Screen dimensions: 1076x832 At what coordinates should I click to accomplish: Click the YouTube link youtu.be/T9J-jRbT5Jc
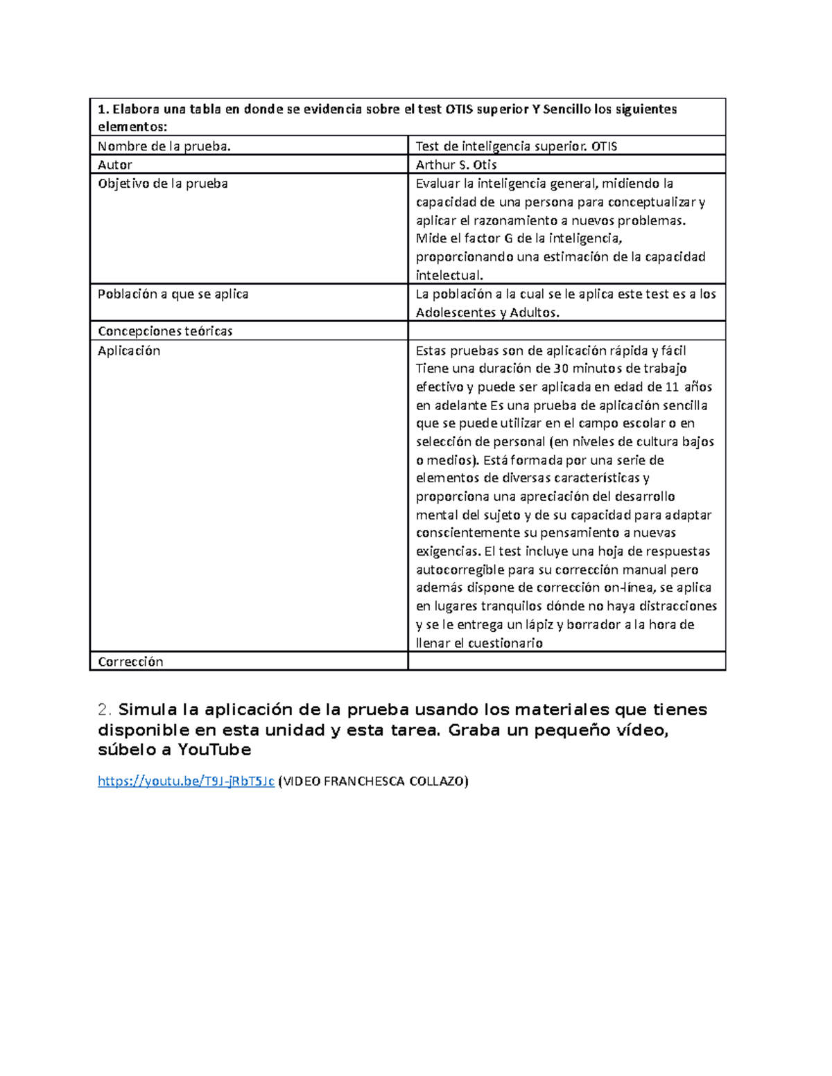coord(186,782)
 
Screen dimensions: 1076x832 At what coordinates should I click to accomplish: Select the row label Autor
coord(115,165)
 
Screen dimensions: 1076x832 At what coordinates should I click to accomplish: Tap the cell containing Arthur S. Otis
coord(456,165)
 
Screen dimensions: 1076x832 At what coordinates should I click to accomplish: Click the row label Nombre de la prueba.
coord(164,146)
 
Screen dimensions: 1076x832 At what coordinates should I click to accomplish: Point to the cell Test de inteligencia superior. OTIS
coord(516,146)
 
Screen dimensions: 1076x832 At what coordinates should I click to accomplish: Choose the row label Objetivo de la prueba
coord(163,184)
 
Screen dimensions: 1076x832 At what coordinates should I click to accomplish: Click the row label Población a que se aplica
coord(173,294)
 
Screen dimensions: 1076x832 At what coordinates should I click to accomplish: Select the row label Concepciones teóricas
coord(165,331)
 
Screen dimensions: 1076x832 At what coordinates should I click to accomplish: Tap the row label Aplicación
coord(129,351)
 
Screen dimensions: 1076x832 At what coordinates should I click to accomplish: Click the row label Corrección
coord(130,662)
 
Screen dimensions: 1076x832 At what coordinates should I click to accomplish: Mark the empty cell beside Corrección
coord(566,662)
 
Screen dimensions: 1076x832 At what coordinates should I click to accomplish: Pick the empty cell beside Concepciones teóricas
coord(566,331)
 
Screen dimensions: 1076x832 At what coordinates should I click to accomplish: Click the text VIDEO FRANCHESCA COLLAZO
coord(373,782)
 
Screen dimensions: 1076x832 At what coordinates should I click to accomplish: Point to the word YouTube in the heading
coord(214,750)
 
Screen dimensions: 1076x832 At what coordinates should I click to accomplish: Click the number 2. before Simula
coord(105,709)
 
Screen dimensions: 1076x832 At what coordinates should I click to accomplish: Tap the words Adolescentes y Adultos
coord(487,312)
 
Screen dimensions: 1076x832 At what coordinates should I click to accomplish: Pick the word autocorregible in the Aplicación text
coord(460,570)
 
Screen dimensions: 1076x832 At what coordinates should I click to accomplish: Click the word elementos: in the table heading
coord(132,127)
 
